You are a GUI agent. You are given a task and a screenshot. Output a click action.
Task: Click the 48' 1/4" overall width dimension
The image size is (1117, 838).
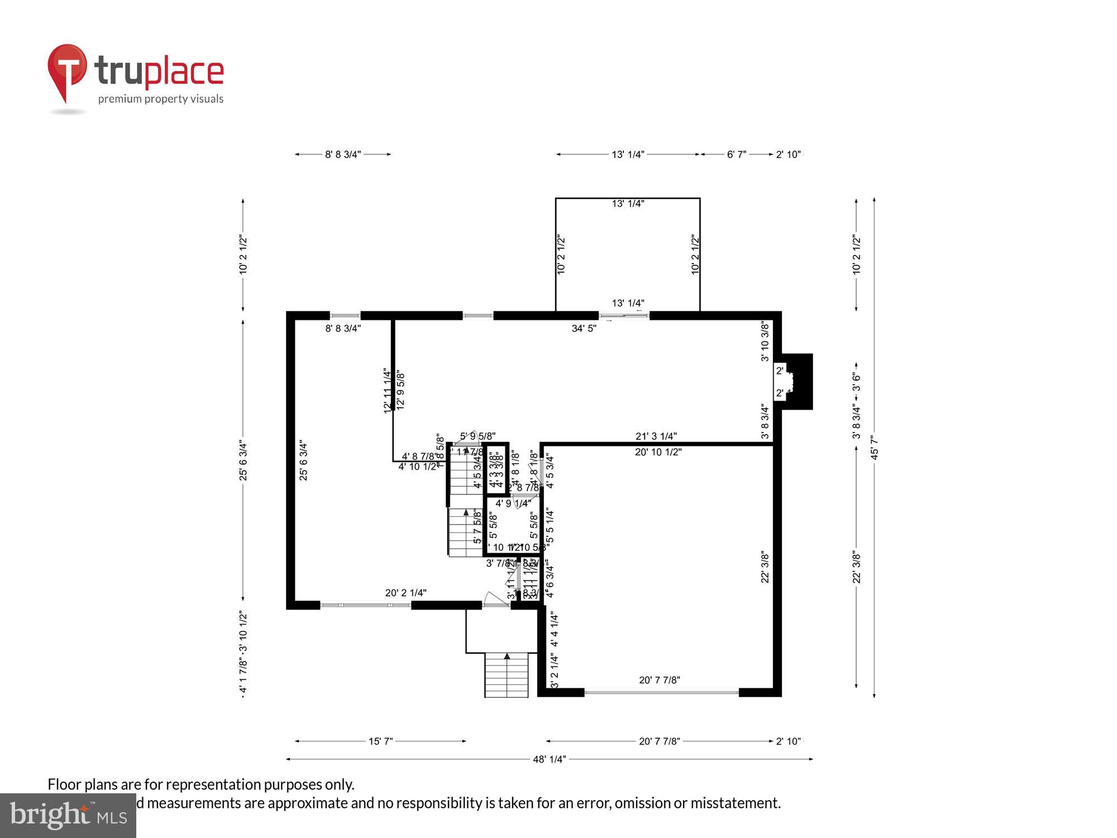coord(549,759)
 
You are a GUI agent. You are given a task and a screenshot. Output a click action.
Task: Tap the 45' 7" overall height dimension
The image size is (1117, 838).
coord(875,447)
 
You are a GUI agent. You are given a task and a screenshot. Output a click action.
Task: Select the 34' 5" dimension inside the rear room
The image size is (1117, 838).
coord(584,328)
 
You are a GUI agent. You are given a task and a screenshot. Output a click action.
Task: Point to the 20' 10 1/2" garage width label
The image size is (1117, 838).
coord(658,452)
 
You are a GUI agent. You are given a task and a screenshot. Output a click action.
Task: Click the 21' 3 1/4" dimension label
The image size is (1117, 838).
coord(656,436)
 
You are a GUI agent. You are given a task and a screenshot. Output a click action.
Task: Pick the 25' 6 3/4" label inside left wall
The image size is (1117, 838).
coord(303,461)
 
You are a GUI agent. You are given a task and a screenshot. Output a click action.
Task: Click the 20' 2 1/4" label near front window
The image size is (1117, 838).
coord(405,593)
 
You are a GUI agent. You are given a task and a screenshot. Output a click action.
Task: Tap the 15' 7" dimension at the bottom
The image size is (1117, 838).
coord(380,741)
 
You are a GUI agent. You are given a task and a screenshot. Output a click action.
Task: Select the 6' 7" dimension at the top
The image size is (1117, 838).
coord(736,154)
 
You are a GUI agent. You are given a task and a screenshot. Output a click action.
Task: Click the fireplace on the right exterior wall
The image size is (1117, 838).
coord(798,382)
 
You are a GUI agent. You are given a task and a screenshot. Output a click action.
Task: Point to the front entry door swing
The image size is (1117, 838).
coord(495,599)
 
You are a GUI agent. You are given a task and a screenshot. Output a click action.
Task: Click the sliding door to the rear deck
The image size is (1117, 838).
coord(624,316)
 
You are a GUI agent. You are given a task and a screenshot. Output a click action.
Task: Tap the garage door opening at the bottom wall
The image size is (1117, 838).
coord(661,692)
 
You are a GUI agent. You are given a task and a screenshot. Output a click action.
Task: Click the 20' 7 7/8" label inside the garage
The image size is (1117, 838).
coord(659,680)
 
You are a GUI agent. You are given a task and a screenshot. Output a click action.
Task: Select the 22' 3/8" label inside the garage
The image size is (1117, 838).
coord(765,568)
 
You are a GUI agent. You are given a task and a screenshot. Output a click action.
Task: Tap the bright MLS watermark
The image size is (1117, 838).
coord(68,816)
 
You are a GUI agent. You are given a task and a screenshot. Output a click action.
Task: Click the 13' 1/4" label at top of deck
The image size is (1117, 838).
coord(628,204)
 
